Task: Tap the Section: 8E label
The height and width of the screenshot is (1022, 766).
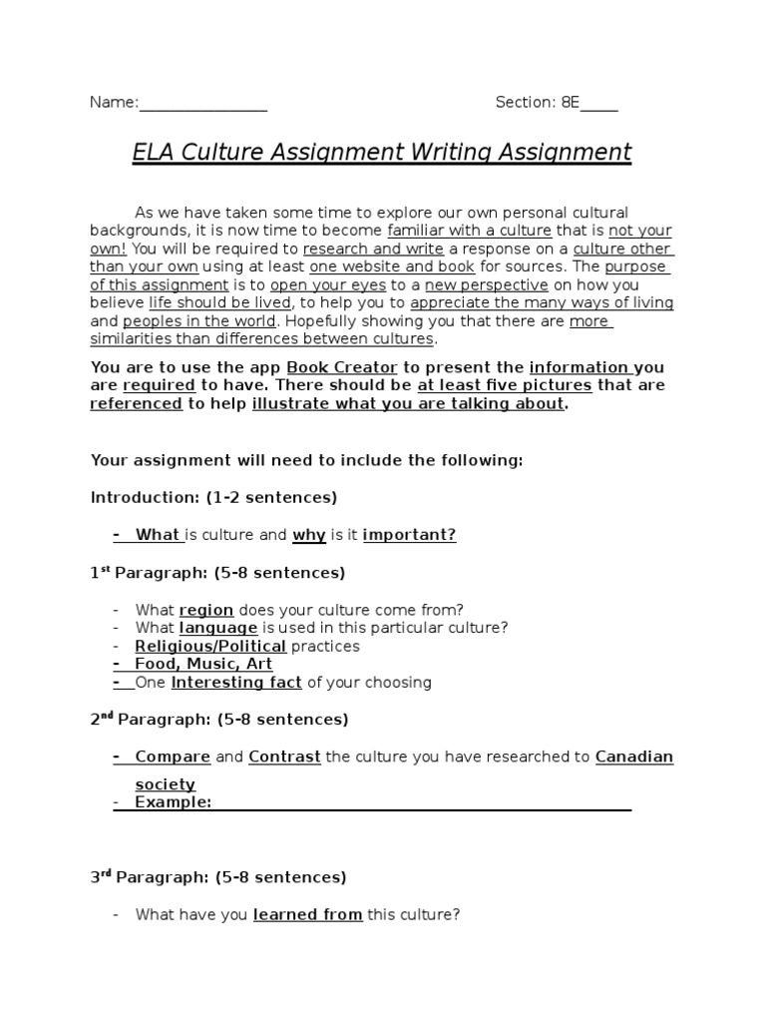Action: (x=538, y=102)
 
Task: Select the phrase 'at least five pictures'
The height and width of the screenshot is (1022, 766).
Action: (x=505, y=385)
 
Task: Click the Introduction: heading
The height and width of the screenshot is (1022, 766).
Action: (x=146, y=496)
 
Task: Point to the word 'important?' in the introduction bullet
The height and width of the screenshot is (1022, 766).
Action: (x=409, y=535)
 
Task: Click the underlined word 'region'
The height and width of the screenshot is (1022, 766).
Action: (x=205, y=610)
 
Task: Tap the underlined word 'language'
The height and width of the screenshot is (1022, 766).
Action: (x=217, y=628)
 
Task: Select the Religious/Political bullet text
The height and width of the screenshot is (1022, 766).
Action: (x=210, y=646)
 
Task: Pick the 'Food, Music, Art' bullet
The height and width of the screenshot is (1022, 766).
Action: (x=203, y=664)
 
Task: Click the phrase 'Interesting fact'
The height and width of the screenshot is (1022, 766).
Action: (x=236, y=683)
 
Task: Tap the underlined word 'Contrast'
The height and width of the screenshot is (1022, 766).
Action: (x=284, y=757)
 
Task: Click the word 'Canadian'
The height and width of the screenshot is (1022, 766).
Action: (x=634, y=757)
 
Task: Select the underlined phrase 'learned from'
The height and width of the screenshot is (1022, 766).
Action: (x=307, y=914)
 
